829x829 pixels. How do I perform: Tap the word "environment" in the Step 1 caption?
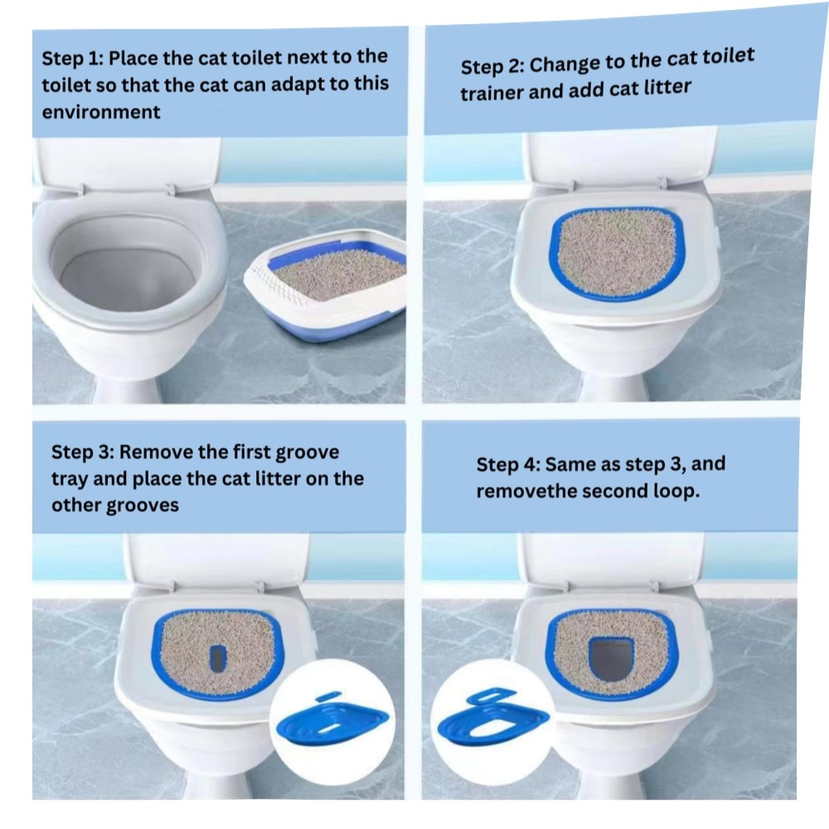coord(101,112)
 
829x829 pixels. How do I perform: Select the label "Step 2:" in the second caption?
coord(492,66)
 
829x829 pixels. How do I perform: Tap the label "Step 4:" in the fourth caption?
coord(508,465)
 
